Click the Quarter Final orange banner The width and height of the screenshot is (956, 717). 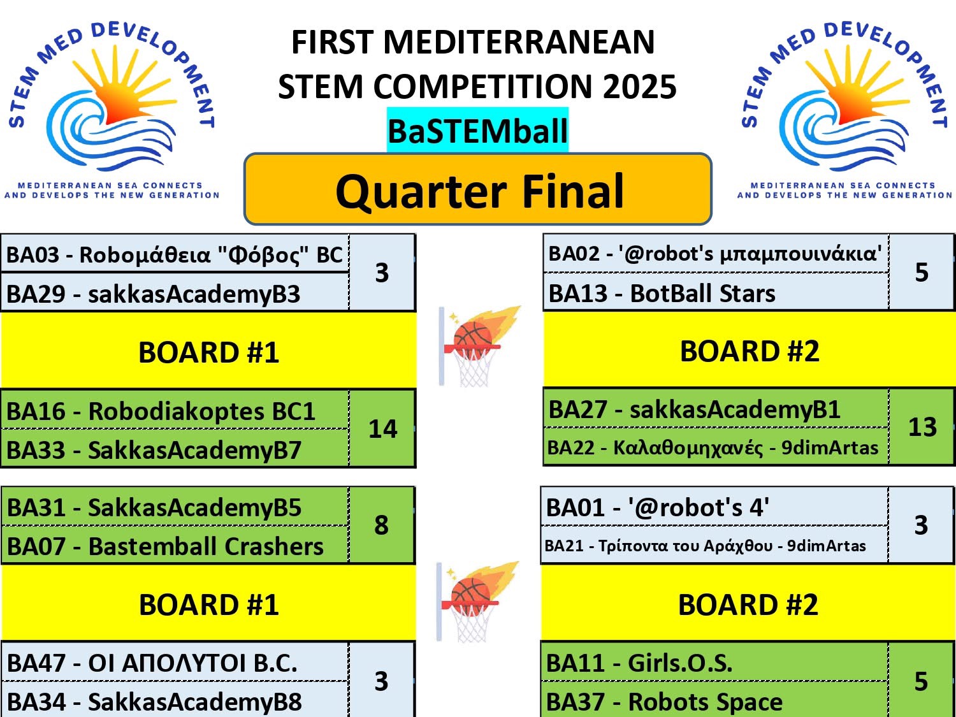[x=478, y=189]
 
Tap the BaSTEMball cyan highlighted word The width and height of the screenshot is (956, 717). [x=478, y=130]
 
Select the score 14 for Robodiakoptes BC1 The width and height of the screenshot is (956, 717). [x=382, y=428]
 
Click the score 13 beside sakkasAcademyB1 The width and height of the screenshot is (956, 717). [x=922, y=426]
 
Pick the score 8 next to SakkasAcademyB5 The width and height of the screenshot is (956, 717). [x=382, y=525]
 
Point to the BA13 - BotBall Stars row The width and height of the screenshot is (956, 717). [x=716, y=293]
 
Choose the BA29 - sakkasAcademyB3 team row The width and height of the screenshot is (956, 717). [x=175, y=293]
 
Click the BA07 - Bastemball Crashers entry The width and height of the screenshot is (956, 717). [x=175, y=546]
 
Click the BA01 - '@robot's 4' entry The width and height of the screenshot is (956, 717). [x=714, y=507]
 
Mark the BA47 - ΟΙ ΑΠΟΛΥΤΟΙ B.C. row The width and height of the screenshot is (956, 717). [x=175, y=663]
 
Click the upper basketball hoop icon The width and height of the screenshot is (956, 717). [x=479, y=346]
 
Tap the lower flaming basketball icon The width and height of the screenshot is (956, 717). [x=477, y=602]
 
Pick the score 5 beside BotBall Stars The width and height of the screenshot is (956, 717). [x=922, y=272]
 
